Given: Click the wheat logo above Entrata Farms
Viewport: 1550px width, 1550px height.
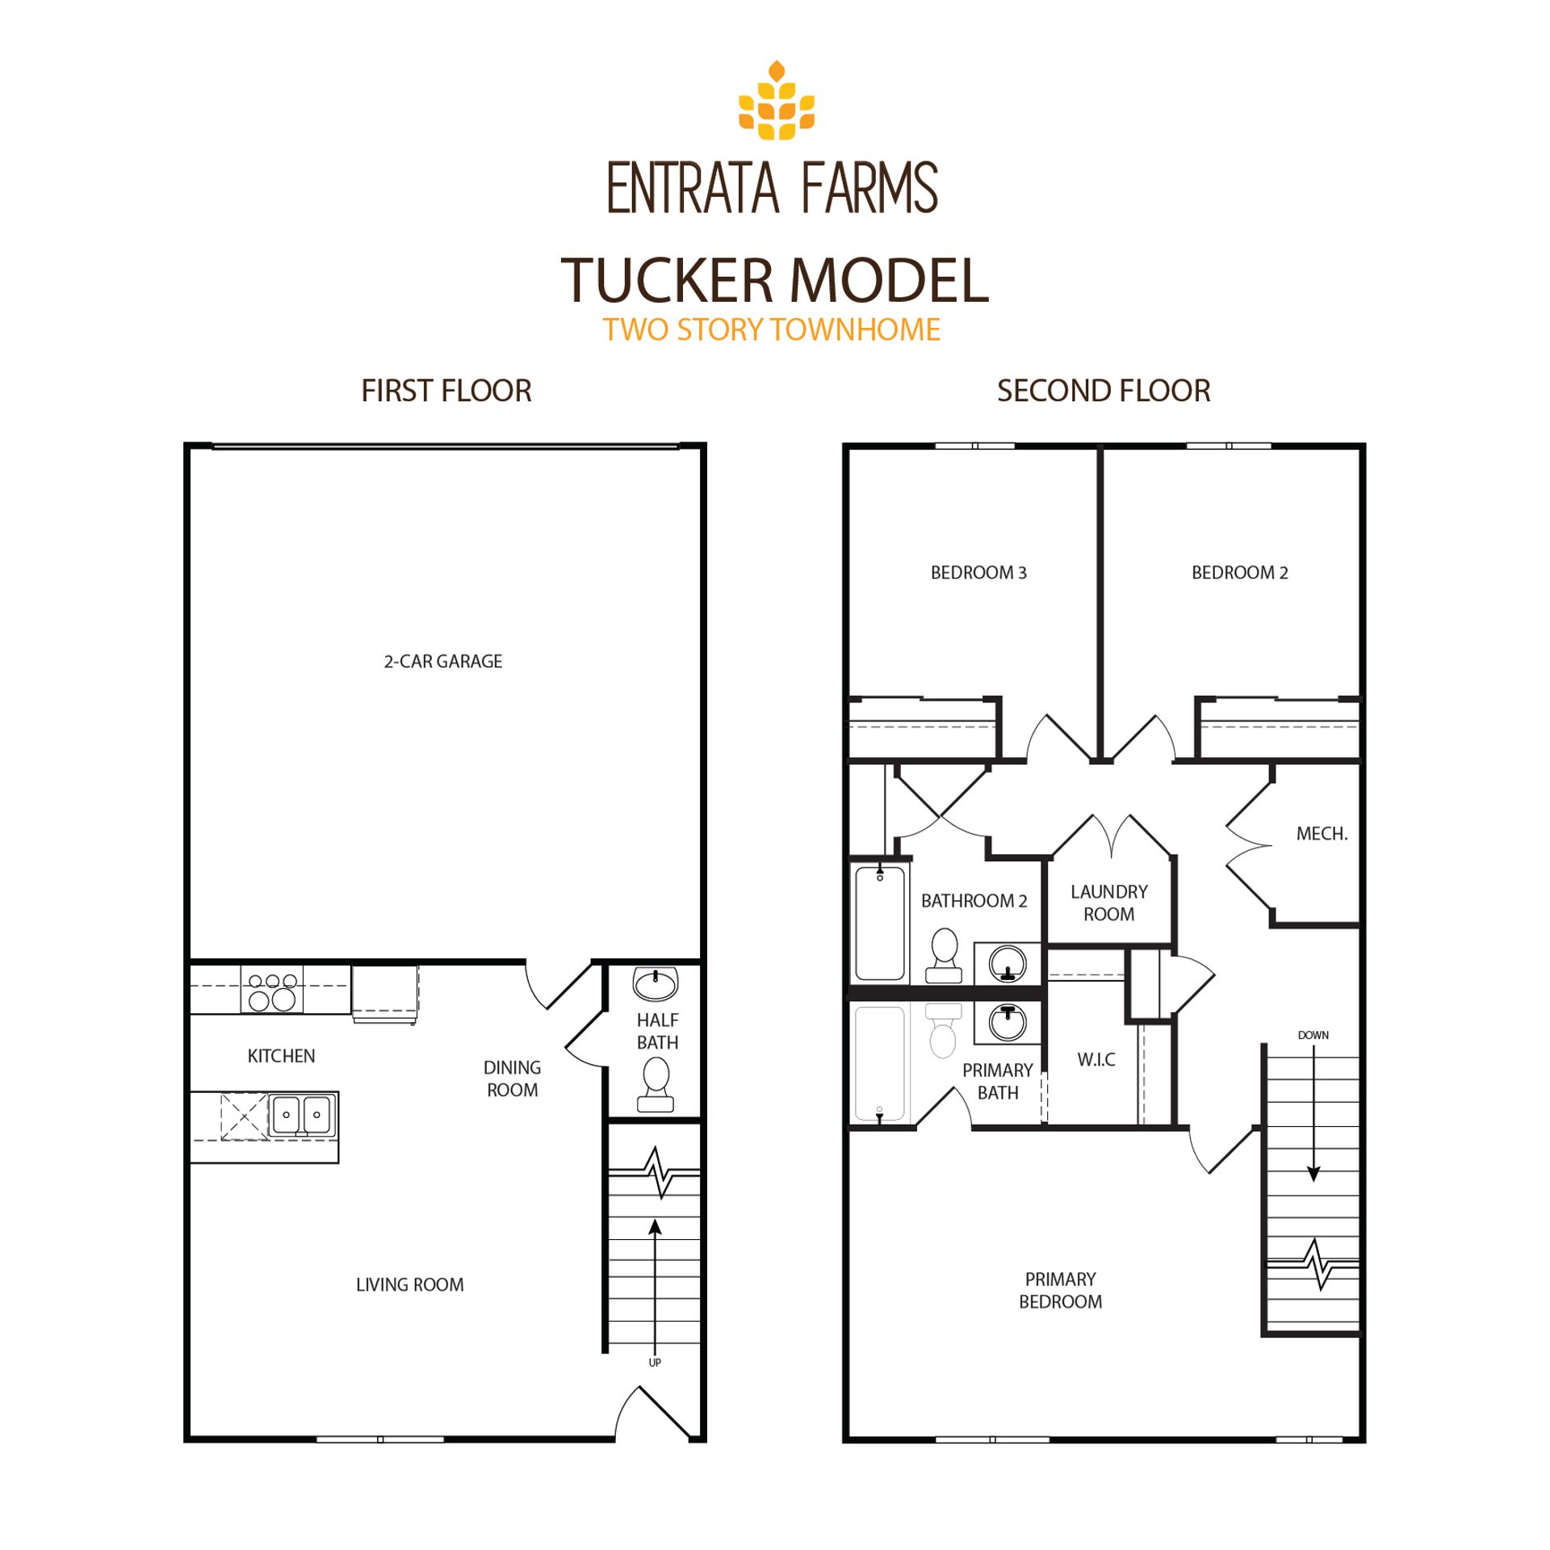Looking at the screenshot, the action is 776,100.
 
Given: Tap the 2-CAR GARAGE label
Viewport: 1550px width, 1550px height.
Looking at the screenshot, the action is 442,661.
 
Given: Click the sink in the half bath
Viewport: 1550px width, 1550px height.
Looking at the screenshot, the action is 655,983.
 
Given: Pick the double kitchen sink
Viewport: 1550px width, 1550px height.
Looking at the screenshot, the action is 301,1115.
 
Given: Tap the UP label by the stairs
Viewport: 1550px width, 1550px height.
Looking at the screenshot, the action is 655,1362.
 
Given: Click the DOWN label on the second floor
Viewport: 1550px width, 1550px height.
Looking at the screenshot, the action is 1313,1035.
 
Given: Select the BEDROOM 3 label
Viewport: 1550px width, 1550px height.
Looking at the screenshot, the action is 978,572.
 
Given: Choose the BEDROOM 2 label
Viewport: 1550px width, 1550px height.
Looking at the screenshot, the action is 1240,572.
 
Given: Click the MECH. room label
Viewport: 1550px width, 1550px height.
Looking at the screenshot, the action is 1322,834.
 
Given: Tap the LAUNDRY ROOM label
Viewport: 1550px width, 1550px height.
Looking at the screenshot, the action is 1108,903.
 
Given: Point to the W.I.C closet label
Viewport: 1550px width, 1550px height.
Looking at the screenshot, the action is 1096,1059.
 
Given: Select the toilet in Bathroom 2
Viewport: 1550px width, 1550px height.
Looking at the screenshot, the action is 944,955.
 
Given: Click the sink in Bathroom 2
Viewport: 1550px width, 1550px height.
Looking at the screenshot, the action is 1007,963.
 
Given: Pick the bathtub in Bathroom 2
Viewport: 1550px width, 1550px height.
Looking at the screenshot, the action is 879,922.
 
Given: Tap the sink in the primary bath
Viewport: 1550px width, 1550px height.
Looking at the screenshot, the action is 1007,1023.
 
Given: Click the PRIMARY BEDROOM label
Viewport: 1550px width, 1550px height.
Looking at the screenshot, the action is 1060,1290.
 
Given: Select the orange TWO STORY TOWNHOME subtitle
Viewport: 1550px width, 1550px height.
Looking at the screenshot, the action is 772,329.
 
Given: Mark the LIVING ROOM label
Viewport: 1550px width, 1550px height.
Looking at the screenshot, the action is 410,1284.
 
